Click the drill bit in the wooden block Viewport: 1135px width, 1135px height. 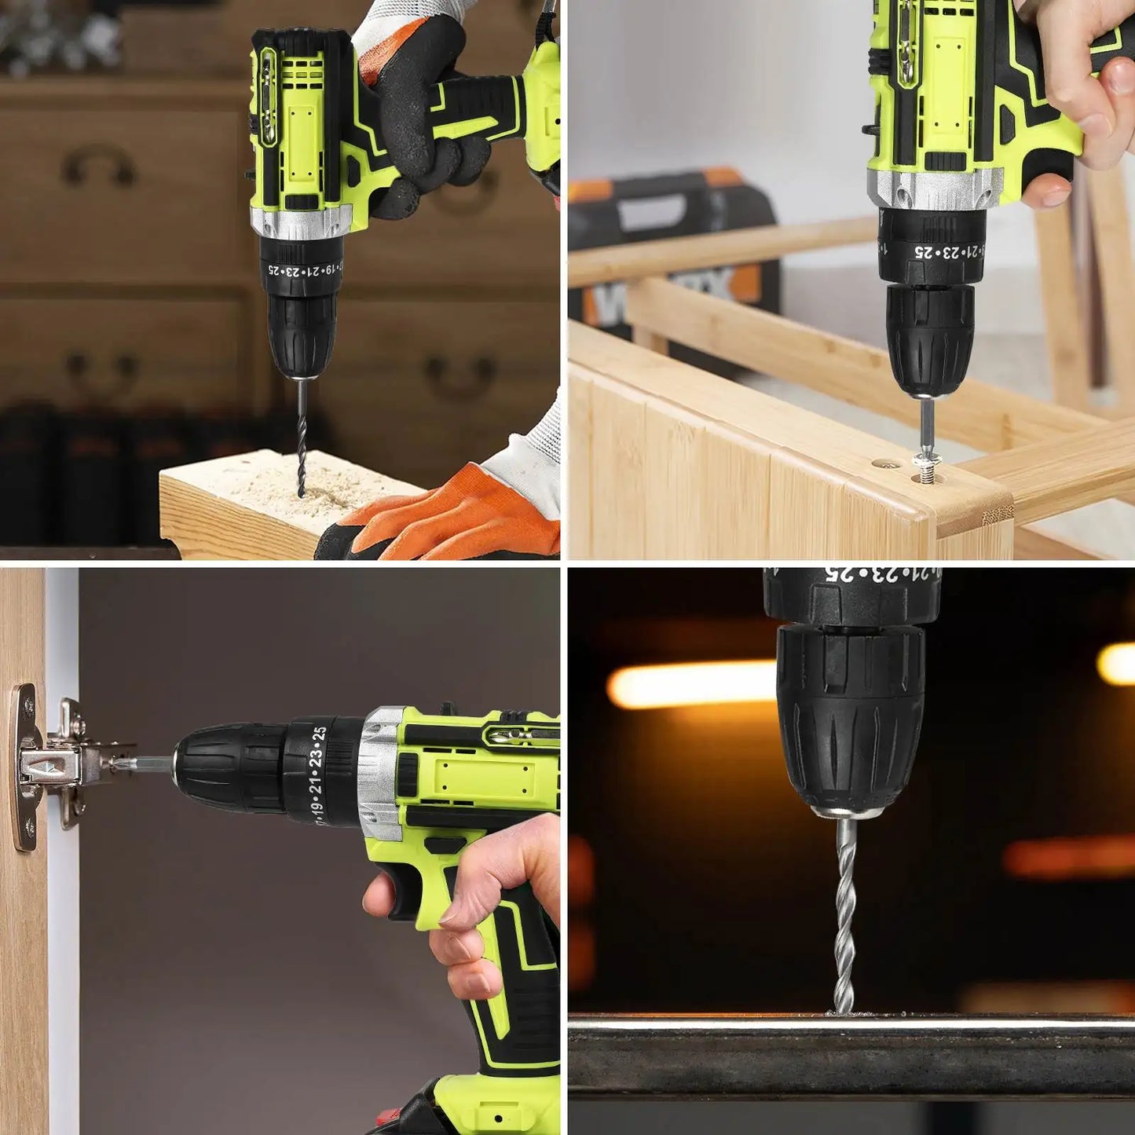(x=301, y=440)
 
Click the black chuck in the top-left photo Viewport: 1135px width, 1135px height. (x=302, y=334)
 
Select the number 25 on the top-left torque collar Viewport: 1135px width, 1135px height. (x=274, y=269)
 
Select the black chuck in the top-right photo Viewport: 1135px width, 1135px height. (x=930, y=338)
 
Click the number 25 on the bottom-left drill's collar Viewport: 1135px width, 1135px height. (x=318, y=735)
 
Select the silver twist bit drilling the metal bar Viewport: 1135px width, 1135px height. (x=844, y=915)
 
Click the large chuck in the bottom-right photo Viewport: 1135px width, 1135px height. (x=850, y=719)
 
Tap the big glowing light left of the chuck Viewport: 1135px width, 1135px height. (x=691, y=683)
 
